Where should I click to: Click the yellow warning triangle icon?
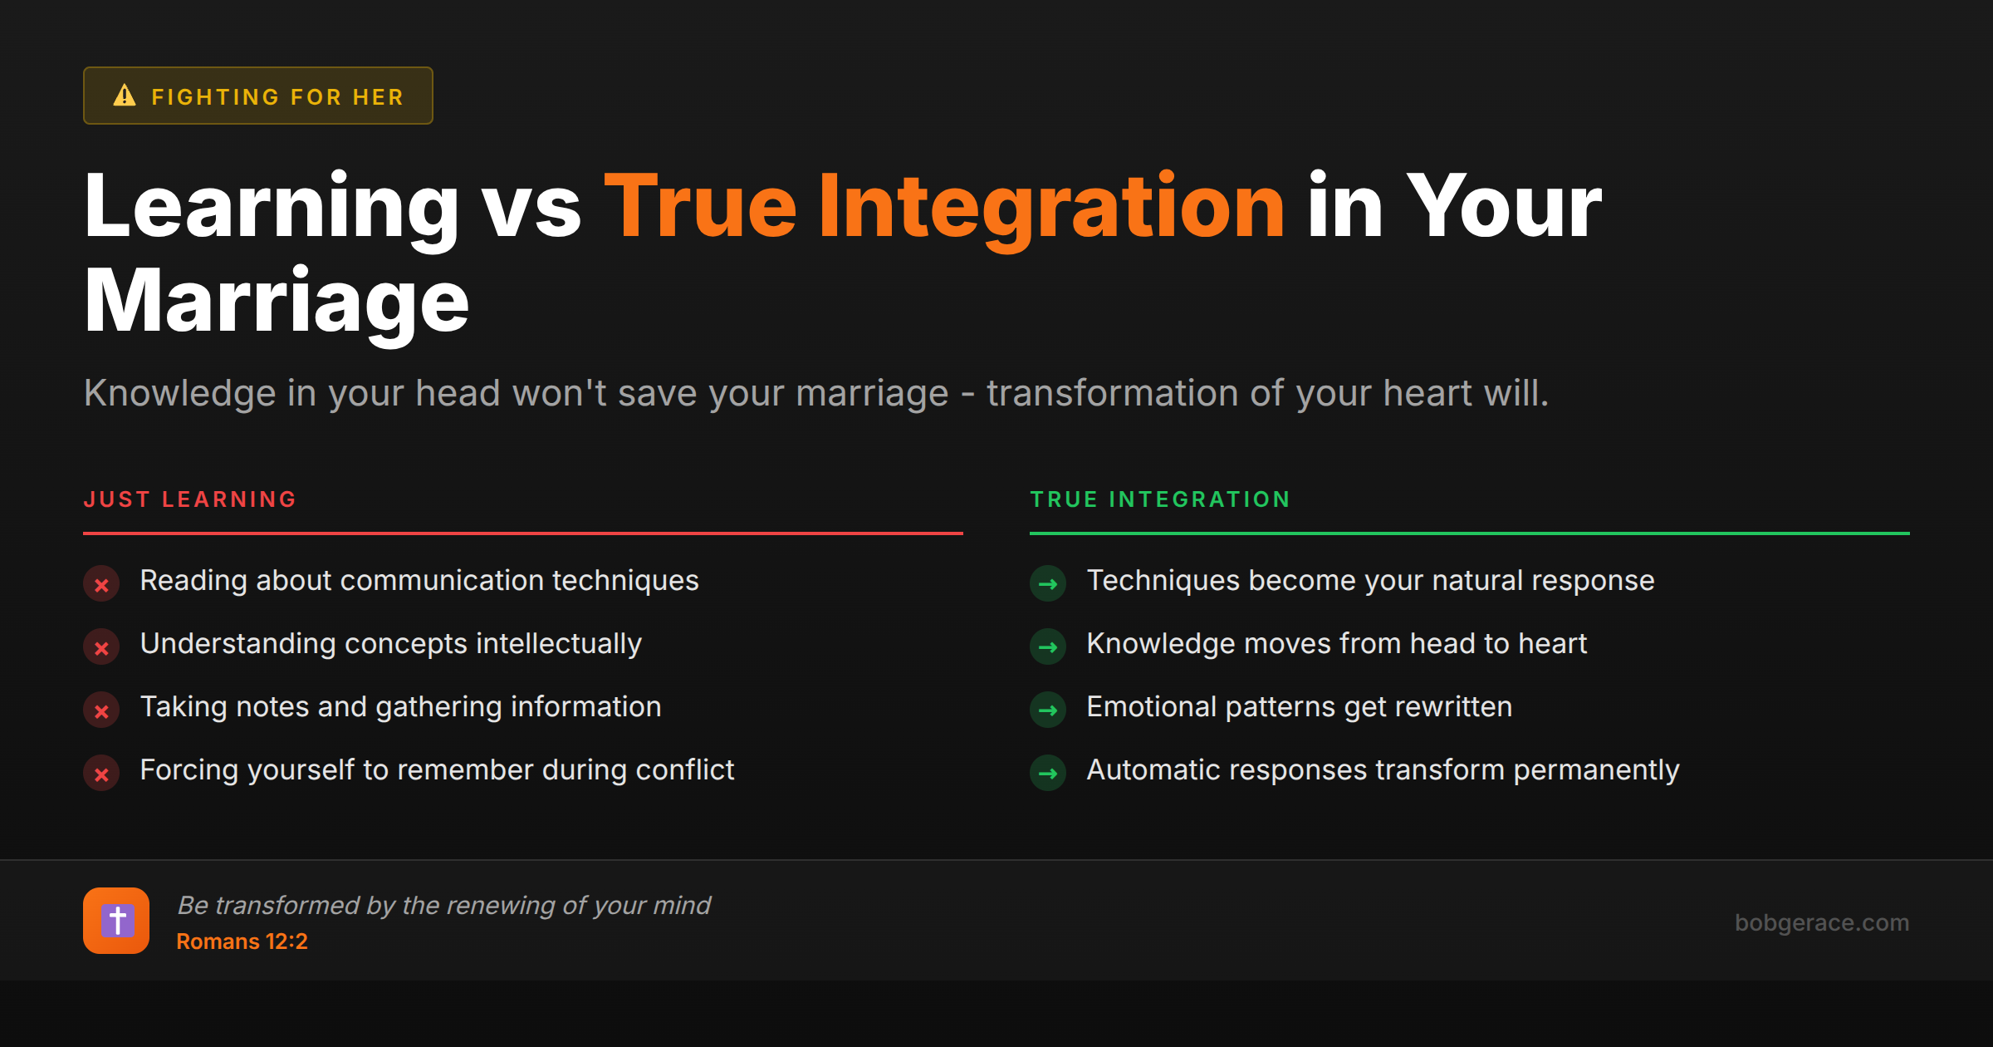125,96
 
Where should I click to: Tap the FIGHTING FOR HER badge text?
277,97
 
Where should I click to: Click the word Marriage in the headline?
277,302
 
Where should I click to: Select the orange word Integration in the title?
1051,207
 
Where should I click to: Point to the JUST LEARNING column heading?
190,499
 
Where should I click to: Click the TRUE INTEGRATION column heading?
1160,499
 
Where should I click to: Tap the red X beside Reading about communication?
101,584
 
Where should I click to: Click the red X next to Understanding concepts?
101,647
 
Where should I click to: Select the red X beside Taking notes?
101,710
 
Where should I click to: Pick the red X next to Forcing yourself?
101,774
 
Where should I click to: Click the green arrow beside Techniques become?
1048,584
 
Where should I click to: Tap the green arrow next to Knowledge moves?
1048,647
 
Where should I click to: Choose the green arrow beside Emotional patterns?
1048,710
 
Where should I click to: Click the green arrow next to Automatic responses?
1048,774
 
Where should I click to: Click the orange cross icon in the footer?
116,921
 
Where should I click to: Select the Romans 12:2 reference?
242,941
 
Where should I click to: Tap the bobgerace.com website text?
1821,922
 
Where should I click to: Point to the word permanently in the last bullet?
1596,770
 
